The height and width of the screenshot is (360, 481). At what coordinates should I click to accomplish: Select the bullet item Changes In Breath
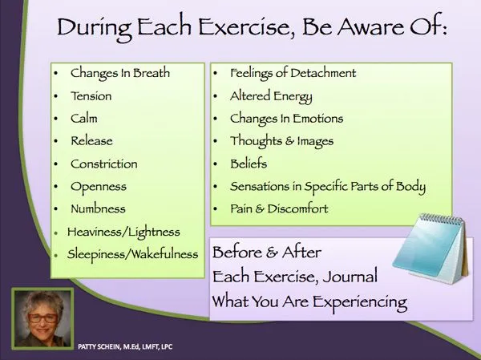[x=121, y=73]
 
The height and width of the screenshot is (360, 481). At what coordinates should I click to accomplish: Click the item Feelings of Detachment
[x=293, y=73]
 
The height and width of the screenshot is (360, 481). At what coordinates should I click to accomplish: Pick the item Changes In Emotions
[x=286, y=118]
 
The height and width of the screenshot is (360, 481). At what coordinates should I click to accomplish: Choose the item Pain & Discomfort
[x=279, y=209]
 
